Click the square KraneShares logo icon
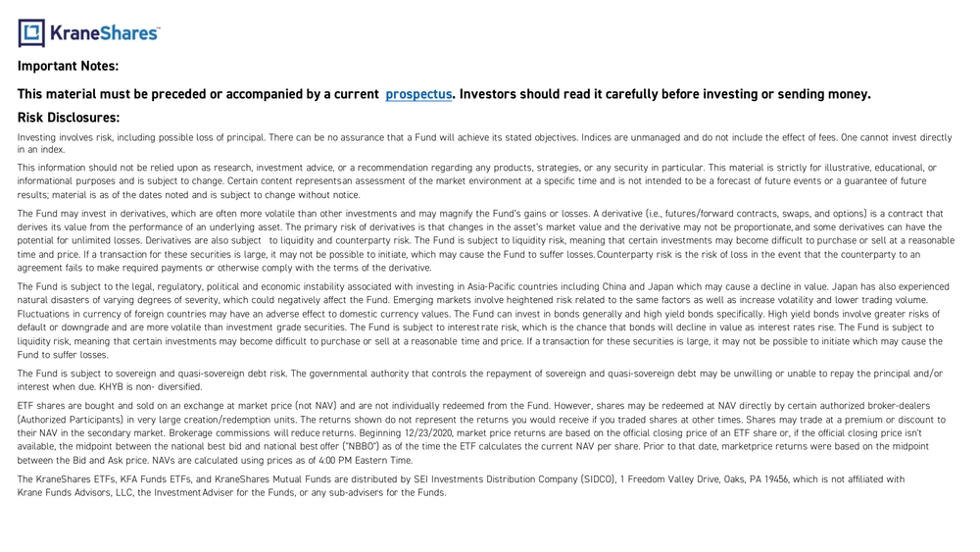pyautogui.click(x=31, y=32)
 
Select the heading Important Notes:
pyautogui.click(x=68, y=67)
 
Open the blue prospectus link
pyautogui.click(x=418, y=94)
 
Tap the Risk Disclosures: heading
pyautogui.click(x=69, y=118)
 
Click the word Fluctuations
pyautogui.click(x=44, y=314)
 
